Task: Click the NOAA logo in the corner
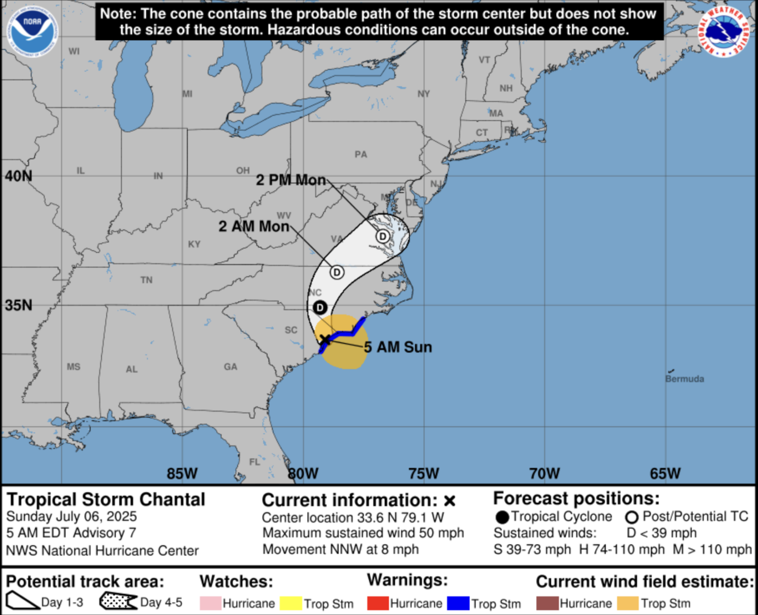tap(32, 31)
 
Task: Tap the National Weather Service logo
tap(724, 31)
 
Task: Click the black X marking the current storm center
tap(325, 339)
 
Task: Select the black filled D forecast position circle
tap(320, 307)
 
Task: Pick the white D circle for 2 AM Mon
tap(337, 272)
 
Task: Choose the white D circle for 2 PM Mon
tap(383, 236)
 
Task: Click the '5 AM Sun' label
tap(398, 347)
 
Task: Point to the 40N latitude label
tap(18, 176)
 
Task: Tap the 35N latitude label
tap(18, 305)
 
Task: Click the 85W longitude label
tap(182, 474)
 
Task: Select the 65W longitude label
tap(665, 474)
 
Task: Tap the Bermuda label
tap(684, 379)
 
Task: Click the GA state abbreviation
tap(231, 367)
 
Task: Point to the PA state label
tap(361, 154)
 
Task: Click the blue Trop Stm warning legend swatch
tap(458, 604)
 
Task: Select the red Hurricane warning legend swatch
tap(378, 604)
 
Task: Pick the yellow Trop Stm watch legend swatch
tap(291, 604)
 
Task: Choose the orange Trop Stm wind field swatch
tap(628, 604)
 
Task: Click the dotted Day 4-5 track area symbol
tap(118, 602)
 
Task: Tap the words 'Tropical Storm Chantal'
tap(106, 500)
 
